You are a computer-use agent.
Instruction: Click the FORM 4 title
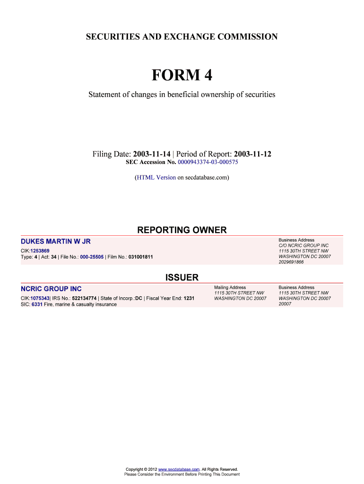(182, 75)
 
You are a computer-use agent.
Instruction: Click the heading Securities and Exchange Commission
(182, 36)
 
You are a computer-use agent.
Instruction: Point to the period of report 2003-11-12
(252, 155)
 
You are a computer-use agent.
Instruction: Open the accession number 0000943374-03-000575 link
(208, 162)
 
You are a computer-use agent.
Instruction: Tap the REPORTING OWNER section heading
(182, 230)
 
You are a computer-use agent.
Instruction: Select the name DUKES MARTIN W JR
(55, 242)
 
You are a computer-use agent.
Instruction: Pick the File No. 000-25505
(92, 257)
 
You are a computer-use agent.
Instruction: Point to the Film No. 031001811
(140, 257)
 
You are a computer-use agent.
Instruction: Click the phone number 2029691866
(291, 262)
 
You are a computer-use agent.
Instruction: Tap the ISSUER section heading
(182, 277)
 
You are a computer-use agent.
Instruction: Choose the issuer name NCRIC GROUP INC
(51, 289)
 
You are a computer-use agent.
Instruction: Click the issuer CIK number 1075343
(40, 298)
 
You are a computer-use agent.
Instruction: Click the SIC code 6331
(36, 304)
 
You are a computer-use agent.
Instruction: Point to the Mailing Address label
(230, 287)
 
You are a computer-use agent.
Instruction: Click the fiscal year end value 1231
(189, 298)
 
